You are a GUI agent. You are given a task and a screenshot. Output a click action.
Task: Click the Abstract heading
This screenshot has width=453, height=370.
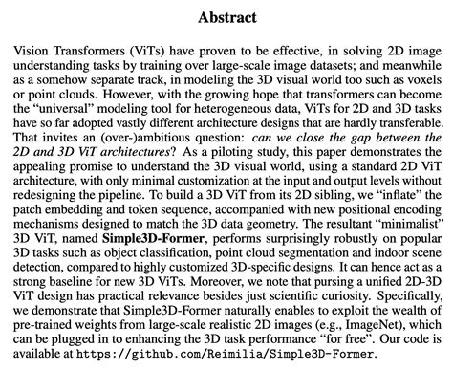tap(226, 18)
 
